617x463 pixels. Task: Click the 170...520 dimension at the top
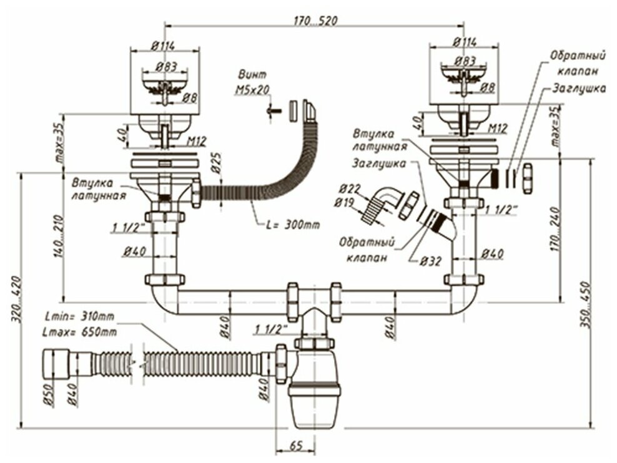[x=315, y=21]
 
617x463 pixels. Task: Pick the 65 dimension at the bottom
[x=297, y=446]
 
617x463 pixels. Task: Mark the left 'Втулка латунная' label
[x=92, y=189]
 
